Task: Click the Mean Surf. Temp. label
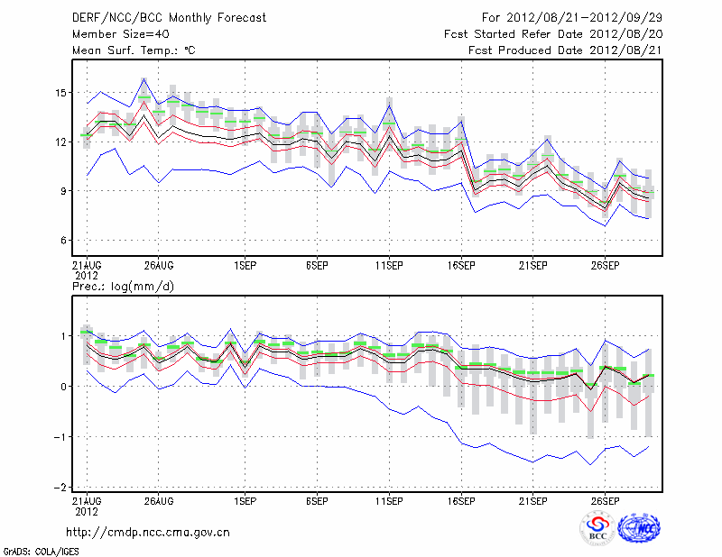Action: (x=134, y=50)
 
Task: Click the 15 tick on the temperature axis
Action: (x=60, y=93)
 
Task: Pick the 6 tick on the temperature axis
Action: (x=64, y=241)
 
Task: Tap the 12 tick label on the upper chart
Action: (x=60, y=142)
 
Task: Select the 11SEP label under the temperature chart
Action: (x=388, y=267)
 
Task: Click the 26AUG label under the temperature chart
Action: (x=158, y=267)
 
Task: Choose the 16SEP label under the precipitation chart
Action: (x=460, y=499)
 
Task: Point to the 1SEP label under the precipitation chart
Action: (x=244, y=499)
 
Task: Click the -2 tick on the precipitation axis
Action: (x=61, y=488)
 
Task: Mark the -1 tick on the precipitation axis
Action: (x=61, y=437)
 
